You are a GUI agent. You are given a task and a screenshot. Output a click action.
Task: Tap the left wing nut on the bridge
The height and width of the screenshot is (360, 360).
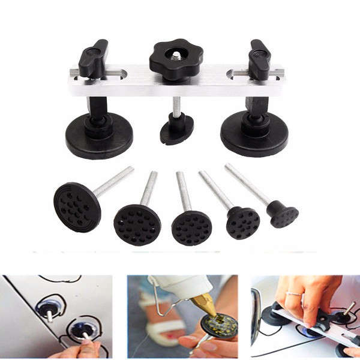click(x=93, y=58)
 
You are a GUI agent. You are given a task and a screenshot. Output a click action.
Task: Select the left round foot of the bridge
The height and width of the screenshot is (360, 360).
click(x=99, y=135)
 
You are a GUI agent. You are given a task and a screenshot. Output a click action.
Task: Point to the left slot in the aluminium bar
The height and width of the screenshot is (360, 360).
click(x=115, y=75)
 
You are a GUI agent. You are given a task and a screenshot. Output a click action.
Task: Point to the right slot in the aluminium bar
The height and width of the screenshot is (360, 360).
click(x=238, y=74)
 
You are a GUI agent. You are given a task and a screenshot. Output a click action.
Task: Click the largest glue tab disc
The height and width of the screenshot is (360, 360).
click(x=77, y=207)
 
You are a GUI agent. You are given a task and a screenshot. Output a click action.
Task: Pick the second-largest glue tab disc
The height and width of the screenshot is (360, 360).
click(x=137, y=225)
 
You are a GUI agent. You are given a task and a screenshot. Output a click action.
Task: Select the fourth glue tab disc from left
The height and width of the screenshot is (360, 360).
click(x=243, y=223)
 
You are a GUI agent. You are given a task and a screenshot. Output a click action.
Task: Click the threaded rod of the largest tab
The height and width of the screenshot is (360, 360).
click(x=113, y=181)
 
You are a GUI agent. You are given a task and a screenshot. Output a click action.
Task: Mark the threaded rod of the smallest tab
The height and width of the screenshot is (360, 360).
click(x=247, y=184)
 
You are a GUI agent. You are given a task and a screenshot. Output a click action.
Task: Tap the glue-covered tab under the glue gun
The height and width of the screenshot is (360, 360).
click(x=218, y=326)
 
